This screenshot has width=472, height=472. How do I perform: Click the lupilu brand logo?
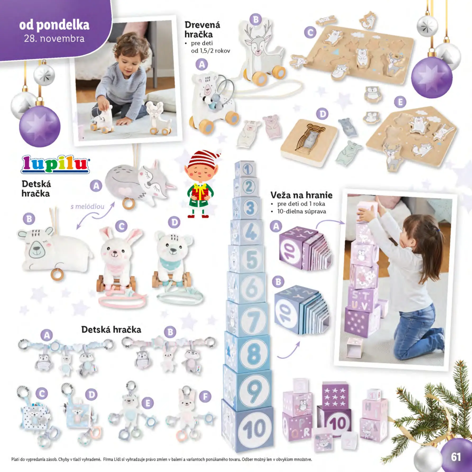pos(55,164)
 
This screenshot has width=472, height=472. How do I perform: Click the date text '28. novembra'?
pos(54,39)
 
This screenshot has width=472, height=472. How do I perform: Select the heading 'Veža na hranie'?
pos(301,195)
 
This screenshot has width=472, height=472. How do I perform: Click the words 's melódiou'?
pos(87,207)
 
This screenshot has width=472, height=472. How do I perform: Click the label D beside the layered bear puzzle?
pos(322,114)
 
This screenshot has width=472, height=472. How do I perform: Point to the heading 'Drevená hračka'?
pos(202,30)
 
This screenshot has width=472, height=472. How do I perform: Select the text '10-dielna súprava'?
pos(301,211)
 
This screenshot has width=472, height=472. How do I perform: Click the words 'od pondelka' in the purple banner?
pos(54,25)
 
